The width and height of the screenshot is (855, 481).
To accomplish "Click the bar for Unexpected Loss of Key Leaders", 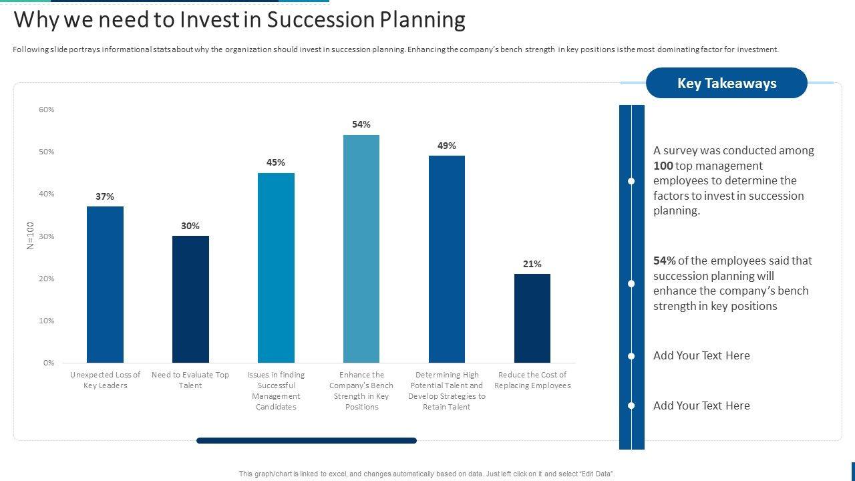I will click(105, 285).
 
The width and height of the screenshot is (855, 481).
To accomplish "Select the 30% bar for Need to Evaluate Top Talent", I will click(190, 299).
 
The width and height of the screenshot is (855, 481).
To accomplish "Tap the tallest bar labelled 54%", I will click(361, 249).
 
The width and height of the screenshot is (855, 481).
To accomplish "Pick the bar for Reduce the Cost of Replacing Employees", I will click(532, 318).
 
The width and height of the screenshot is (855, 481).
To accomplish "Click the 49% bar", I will click(447, 259).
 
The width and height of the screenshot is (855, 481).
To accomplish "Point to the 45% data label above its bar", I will click(276, 162).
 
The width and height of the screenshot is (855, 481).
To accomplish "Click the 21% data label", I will click(532, 264).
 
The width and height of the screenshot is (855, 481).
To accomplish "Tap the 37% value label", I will click(105, 196).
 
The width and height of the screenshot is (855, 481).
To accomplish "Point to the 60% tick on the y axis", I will click(47, 110).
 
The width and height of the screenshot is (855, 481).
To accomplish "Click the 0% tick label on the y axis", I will click(49, 363).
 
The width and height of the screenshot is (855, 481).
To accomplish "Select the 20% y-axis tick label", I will click(47, 279).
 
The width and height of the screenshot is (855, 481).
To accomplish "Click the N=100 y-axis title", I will click(30, 236).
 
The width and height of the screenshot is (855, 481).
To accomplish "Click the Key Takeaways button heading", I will click(727, 83).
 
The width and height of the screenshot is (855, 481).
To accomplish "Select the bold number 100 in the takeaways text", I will click(663, 166).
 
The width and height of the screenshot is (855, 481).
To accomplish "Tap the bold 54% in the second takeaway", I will click(665, 261).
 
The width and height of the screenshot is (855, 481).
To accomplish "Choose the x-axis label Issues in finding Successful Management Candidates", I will click(276, 391).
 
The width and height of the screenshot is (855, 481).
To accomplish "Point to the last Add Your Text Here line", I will click(701, 406).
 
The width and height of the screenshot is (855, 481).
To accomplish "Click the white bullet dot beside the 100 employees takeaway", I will click(631, 181).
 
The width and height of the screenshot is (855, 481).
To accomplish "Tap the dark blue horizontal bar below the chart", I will click(307, 441).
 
